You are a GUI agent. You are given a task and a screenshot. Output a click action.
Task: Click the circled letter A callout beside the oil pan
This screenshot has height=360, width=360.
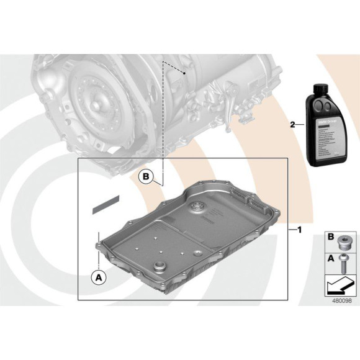click(97, 277)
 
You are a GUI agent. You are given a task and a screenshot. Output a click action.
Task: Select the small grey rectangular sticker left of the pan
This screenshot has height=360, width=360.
click(106, 204)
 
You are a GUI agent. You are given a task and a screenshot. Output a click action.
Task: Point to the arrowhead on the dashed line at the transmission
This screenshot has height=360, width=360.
click(184, 73)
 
